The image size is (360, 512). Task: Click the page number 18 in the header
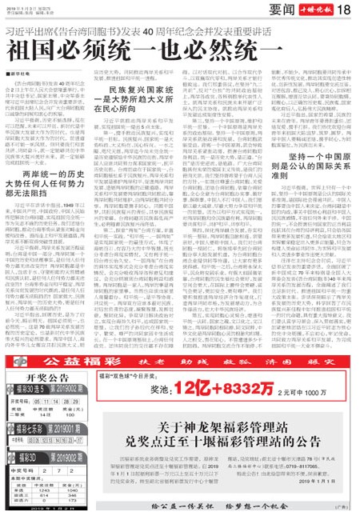pos(346,10)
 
